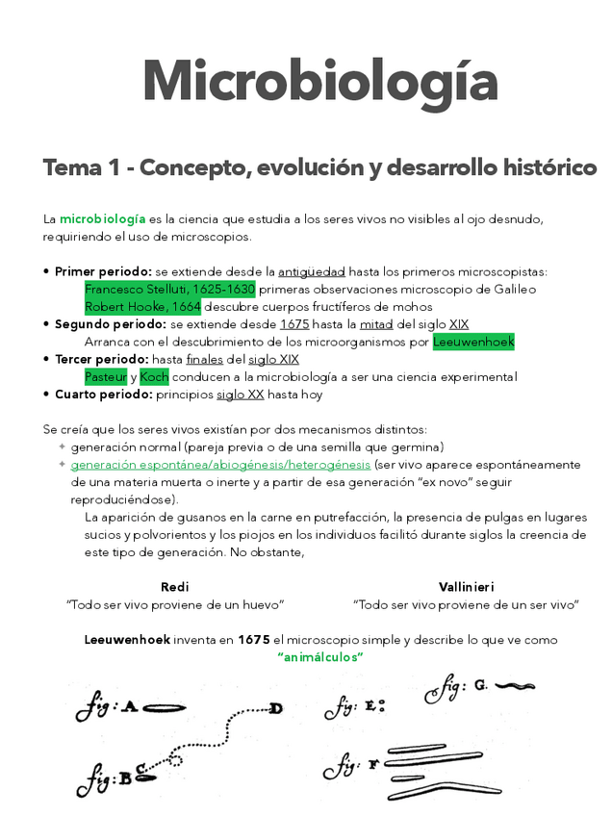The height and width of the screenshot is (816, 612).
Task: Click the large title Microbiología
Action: (x=319, y=81)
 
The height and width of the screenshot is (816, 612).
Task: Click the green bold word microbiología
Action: (x=102, y=219)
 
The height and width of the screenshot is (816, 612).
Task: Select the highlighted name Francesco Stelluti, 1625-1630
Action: (x=169, y=290)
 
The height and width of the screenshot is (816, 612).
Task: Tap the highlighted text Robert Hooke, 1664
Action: (x=142, y=307)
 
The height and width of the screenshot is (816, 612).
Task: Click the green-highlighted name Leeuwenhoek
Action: (x=473, y=342)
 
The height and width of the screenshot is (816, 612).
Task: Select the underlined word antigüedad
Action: (x=311, y=272)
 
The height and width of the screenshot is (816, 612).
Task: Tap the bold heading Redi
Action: (x=174, y=587)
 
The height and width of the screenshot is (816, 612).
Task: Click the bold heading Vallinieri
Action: (x=466, y=587)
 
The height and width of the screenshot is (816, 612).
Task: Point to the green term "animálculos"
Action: (x=319, y=657)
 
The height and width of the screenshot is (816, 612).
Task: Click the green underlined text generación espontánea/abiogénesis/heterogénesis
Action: (x=220, y=465)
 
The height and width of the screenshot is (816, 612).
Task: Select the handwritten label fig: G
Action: (x=456, y=686)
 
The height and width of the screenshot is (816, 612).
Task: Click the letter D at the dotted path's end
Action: (x=276, y=709)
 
